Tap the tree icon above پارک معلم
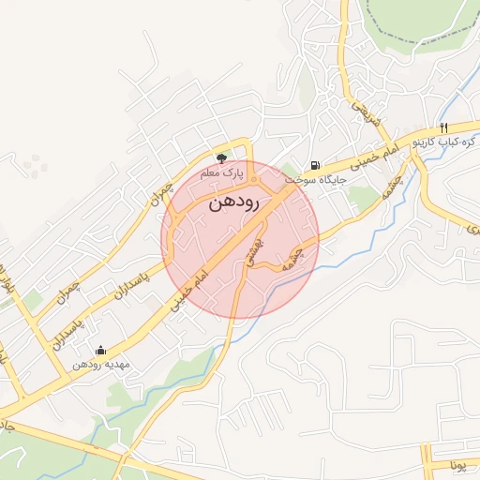click(x=221, y=158)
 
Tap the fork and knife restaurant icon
click(x=443, y=127)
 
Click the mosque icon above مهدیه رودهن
click(x=101, y=351)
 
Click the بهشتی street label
click(x=251, y=251)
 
